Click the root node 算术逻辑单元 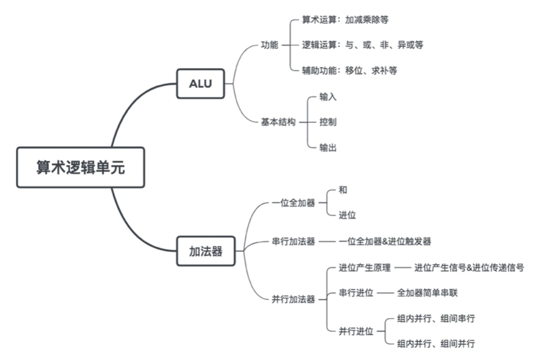tap(80, 167)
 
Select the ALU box tap(200, 83)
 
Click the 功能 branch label tap(269, 45)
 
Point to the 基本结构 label tap(278, 122)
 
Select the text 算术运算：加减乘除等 tap(345, 20)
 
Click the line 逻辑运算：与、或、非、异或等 tap(362, 45)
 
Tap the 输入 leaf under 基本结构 tap(328, 97)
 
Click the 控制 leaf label tap(328, 122)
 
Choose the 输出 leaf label tap(328, 148)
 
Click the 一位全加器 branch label tap(293, 203)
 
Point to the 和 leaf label tap(343, 190)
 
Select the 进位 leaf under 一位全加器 tap(347, 215)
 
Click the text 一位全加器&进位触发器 tap(385, 242)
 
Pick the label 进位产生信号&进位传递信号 tap(469, 268)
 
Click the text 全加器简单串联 tap(427, 293)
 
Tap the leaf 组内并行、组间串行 tap(436, 319)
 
